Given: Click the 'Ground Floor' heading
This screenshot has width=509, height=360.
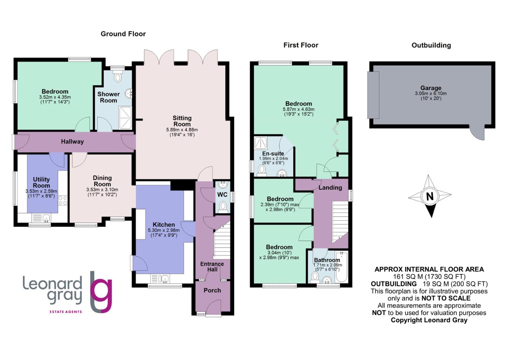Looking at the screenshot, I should [123, 34].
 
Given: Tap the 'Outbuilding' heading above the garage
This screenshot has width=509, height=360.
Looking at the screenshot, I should [431, 45].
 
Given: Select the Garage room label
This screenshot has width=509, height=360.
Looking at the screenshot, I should [430, 88].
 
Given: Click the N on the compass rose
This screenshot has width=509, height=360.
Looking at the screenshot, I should [430, 196].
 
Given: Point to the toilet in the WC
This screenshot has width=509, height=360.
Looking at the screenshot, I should [223, 206].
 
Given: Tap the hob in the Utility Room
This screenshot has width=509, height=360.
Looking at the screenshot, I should [63, 201].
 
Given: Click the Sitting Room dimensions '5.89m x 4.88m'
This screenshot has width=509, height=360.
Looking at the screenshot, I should [182, 130].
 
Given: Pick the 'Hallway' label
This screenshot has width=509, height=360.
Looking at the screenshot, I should [72, 142].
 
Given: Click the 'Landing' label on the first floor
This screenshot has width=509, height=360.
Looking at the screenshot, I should [330, 188].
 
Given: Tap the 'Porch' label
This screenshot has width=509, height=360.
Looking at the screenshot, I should [212, 290].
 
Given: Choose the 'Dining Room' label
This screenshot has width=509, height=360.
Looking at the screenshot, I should [102, 181].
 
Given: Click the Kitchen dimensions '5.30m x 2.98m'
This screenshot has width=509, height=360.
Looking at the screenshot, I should [164, 230].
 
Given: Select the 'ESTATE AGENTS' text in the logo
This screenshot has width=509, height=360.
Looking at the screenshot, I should [66, 312].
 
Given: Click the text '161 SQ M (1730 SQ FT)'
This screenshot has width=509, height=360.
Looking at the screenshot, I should [429, 277].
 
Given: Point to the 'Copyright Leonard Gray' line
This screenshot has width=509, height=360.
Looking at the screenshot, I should [429, 320].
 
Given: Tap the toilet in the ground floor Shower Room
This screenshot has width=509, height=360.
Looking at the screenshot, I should [118, 77].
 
